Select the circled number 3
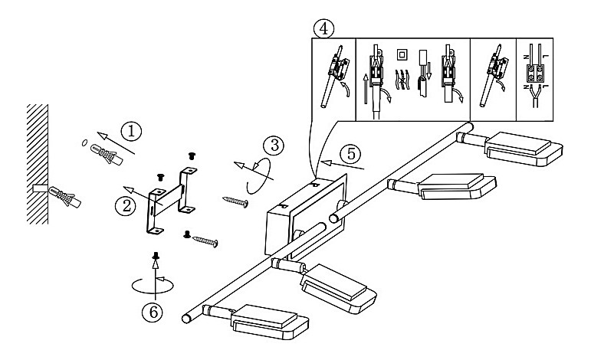(x=272, y=144)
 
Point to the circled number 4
(x=325, y=28)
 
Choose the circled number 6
(x=156, y=313)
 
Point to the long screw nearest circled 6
(x=202, y=241)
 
